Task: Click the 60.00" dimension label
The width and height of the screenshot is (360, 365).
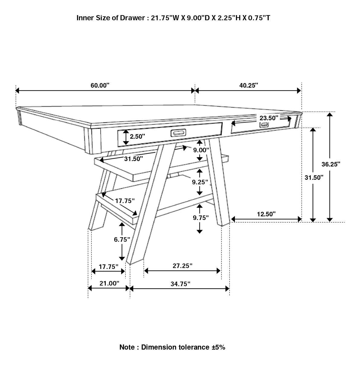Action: point(100,85)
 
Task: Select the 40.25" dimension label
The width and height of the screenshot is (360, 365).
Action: point(248,85)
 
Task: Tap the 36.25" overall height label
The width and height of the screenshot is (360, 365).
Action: point(331,164)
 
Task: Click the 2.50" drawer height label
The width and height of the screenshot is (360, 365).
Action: point(138,136)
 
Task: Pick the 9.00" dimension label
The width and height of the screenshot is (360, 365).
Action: point(201,150)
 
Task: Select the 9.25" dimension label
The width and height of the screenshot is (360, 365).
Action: point(200,182)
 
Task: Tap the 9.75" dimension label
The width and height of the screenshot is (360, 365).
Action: point(201,218)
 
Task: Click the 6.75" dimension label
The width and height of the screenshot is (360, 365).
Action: point(122,239)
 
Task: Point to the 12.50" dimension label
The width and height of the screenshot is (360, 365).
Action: point(266,214)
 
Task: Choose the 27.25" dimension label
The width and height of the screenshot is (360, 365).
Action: point(182,266)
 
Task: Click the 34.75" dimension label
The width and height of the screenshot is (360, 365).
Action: point(180,284)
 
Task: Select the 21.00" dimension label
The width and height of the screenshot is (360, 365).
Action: point(109,283)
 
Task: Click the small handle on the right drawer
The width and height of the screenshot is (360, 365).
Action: point(264,125)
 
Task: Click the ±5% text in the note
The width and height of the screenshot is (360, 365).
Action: point(218,347)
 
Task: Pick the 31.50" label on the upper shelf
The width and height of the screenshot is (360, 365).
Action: point(133,159)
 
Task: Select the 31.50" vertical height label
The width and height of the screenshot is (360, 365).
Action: point(314,177)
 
